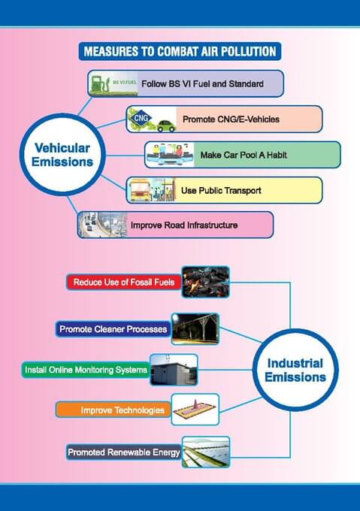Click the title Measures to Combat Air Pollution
coord(180,51)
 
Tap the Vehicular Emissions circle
coord(62,155)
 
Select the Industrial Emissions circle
coord(295,370)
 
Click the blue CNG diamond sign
coord(141,117)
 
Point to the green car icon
coord(166,125)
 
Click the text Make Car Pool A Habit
coord(244,155)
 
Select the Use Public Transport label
coord(221,190)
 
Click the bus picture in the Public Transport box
coord(140,190)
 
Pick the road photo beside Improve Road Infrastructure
coord(103,225)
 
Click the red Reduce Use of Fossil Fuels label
coord(124,283)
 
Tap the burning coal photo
coord(206,283)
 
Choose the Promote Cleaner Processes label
coord(113,329)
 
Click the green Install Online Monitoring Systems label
coord(86,370)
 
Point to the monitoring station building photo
coord(174,370)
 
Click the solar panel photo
coord(206,452)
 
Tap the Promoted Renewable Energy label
coord(124,452)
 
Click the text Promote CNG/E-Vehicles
coord(231,119)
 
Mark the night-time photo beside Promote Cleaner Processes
coord(195,329)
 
